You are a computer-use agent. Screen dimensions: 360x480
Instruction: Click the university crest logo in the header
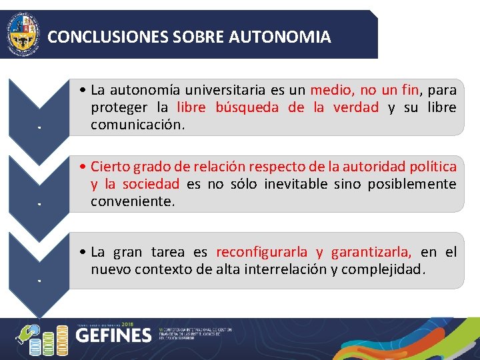click(x=23, y=34)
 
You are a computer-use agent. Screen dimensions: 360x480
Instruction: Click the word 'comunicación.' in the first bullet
click(x=138, y=125)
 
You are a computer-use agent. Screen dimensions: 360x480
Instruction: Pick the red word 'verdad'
click(x=355, y=107)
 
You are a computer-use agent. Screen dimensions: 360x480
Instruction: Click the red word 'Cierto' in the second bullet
click(x=111, y=166)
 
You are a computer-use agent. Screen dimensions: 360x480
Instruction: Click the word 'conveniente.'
click(x=133, y=201)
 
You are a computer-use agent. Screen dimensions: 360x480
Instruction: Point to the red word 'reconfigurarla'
click(x=262, y=252)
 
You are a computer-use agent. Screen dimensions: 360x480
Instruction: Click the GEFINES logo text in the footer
click(x=113, y=335)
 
